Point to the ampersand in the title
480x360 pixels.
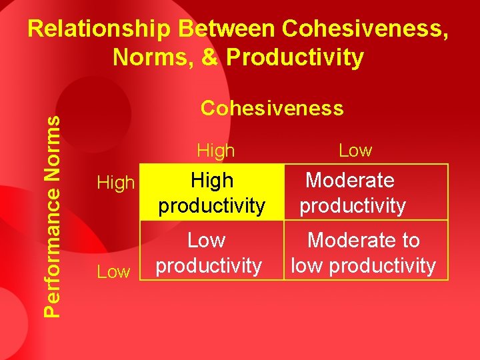point(209,57)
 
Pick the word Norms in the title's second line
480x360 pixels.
point(153,57)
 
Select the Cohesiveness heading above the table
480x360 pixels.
point(272,108)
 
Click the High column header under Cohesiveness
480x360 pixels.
point(216,151)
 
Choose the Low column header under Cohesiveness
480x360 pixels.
point(355,151)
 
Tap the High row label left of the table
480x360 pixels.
point(116,183)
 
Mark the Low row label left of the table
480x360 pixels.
point(113,271)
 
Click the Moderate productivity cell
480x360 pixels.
point(352,192)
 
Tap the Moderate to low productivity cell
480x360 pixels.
point(363,252)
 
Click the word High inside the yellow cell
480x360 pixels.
point(212,180)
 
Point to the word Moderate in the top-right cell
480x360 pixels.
point(349,180)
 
